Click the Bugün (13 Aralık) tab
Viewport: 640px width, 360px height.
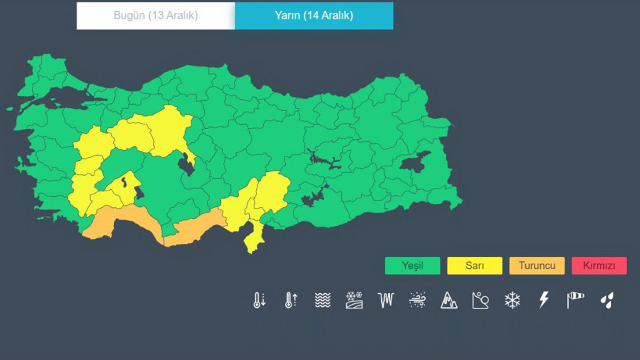point(155,16)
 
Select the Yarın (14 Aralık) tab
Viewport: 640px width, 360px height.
point(314,16)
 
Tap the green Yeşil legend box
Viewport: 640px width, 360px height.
point(412,266)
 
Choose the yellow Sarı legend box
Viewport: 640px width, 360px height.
point(474,266)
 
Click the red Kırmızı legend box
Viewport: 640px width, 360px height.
point(598,266)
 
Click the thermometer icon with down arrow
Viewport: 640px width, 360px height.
point(259,300)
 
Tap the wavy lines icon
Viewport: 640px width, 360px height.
point(323,300)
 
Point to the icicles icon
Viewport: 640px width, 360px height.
point(386,300)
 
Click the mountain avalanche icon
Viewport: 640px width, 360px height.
point(449,301)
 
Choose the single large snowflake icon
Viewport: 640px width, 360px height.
point(512,300)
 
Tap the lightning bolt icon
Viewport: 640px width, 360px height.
point(543,300)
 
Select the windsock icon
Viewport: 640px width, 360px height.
point(575,300)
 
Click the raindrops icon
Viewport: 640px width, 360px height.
point(606,301)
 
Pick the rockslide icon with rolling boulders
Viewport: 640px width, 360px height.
point(480,301)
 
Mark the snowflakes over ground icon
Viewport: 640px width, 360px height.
point(354,300)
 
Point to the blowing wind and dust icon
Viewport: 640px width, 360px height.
point(417,300)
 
